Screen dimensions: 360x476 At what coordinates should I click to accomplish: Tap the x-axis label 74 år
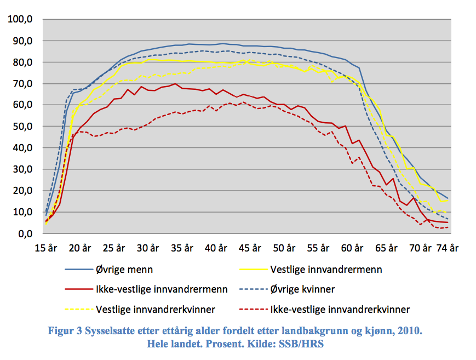(447, 248)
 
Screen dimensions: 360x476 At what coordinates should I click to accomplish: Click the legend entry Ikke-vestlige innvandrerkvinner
(340, 310)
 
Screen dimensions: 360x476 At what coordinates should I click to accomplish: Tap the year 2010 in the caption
(410, 331)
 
